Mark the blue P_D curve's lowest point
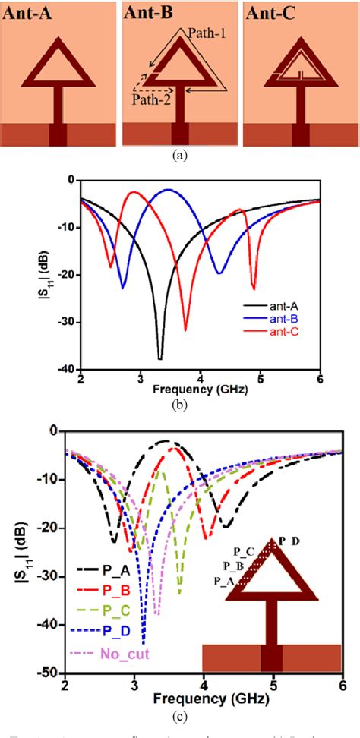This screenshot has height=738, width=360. (144, 642)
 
